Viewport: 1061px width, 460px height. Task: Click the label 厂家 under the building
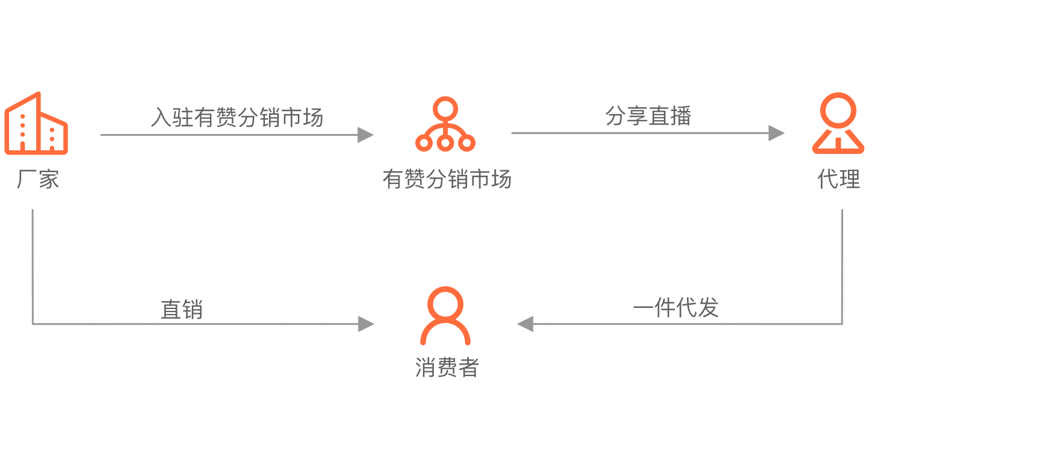[x=38, y=179]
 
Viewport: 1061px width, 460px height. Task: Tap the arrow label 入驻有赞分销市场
[x=237, y=117]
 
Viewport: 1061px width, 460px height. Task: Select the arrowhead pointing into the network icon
[x=365, y=135]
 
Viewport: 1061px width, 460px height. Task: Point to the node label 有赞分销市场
[x=447, y=179]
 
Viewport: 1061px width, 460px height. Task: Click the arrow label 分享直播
[x=648, y=115]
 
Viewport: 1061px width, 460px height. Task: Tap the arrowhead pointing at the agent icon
[x=776, y=133]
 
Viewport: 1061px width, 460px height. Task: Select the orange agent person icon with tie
[x=838, y=123]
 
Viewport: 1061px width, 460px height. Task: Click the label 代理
[x=839, y=179]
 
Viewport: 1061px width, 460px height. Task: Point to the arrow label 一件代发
[x=675, y=307]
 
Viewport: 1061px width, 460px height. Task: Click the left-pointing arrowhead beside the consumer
[x=525, y=324]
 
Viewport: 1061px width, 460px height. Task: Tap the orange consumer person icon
[x=445, y=315]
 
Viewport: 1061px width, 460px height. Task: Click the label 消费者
[x=447, y=367]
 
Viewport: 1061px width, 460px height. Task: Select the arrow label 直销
[x=182, y=309]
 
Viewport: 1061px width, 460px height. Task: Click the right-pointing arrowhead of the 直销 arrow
[x=366, y=324]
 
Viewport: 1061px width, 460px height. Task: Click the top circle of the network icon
[x=445, y=108]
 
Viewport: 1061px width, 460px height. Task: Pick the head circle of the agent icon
[x=838, y=110]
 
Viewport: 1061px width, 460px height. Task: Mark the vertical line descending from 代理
[x=842, y=266]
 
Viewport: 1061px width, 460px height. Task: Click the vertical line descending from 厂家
[x=33, y=266]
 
